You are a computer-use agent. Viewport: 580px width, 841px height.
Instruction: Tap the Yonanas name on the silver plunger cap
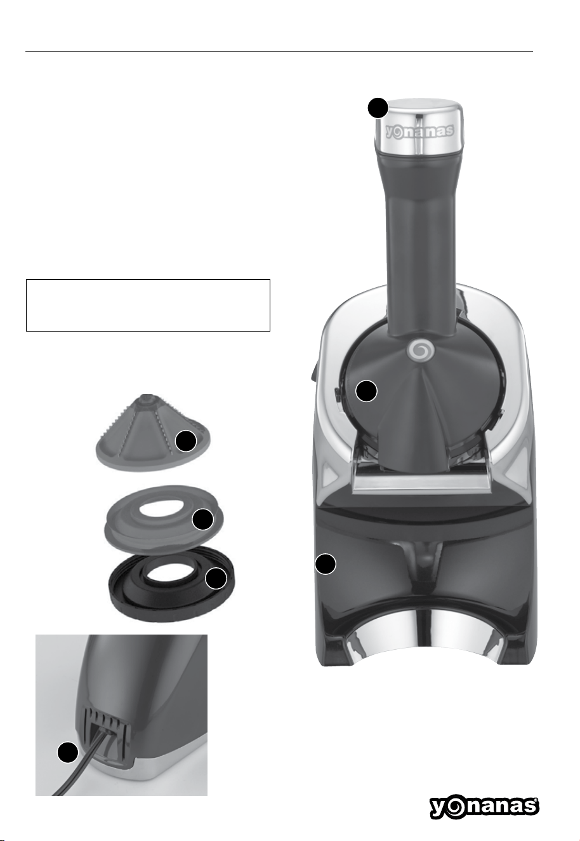tap(420, 131)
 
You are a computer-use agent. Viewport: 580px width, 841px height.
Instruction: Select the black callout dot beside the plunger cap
tap(378, 108)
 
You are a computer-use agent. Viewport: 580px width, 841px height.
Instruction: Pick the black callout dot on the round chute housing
tap(366, 391)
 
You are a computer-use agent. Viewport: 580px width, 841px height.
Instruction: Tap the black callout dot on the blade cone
tap(186, 441)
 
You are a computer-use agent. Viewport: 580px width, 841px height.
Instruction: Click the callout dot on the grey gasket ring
tap(202, 519)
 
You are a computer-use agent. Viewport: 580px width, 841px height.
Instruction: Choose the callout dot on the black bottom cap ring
tap(216, 579)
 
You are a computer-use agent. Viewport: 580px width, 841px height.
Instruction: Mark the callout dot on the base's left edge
tap(325, 563)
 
